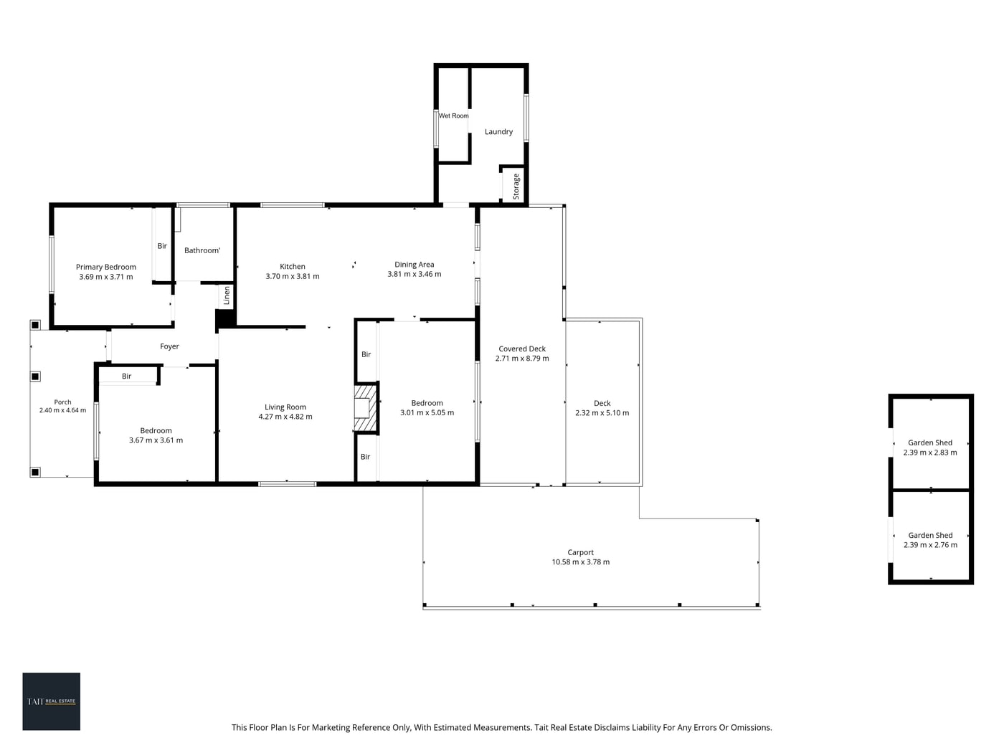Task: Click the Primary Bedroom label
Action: point(105,267)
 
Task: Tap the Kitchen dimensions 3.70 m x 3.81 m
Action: point(293,276)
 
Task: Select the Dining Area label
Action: point(414,264)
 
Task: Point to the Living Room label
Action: point(285,407)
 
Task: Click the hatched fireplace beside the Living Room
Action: point(365,408)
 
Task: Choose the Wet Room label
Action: point(453,115)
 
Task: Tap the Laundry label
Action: point(498,132)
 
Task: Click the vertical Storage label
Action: point(516,186)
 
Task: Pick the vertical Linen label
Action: point(227,295)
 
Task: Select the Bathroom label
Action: point(202,250)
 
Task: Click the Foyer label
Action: point(169,346)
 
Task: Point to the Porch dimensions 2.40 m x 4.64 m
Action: point(62,410)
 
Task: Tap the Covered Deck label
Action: point(522,349)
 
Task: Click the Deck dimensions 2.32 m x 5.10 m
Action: point(602,413)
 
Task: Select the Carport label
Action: point(580,552)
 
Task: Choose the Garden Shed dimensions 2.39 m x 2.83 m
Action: point(930,453)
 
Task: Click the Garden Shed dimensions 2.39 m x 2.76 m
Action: point(930,544)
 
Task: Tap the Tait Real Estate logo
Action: point(51,701)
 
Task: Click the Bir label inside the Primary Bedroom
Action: point(162,246)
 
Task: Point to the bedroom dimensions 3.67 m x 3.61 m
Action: point(156,440)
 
